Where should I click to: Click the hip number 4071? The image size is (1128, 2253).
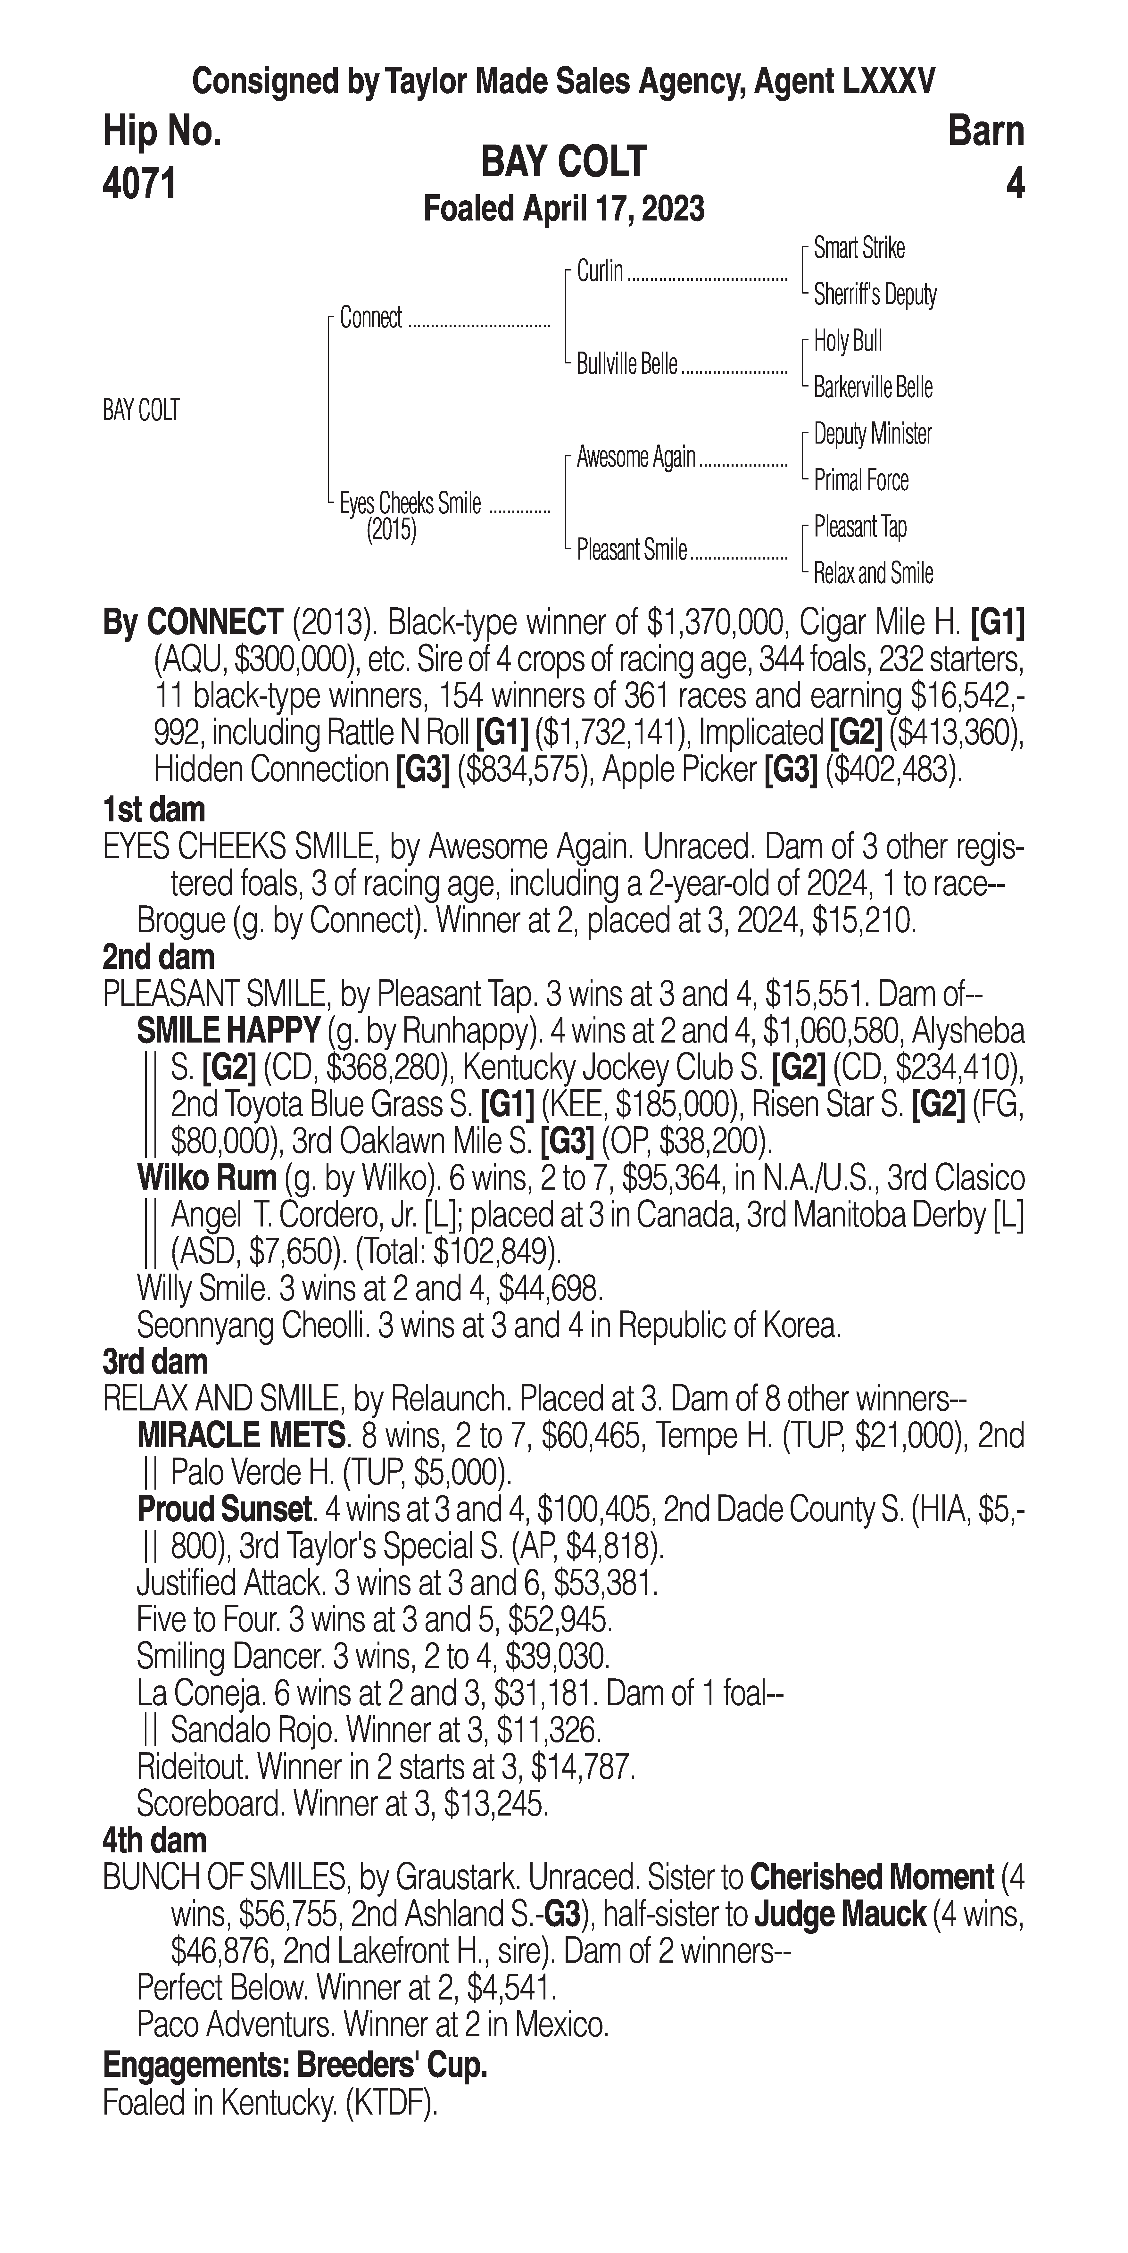tap(140, 185)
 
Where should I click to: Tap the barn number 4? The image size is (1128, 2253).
tap(1014, 185)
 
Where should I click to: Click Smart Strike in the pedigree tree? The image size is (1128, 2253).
tap(859, 248)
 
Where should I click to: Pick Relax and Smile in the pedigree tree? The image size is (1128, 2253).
tap(873, 574)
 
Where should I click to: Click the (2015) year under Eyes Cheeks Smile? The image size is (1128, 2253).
tap(391, 530)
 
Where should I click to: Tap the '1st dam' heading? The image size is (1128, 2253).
tap(154, 810)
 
